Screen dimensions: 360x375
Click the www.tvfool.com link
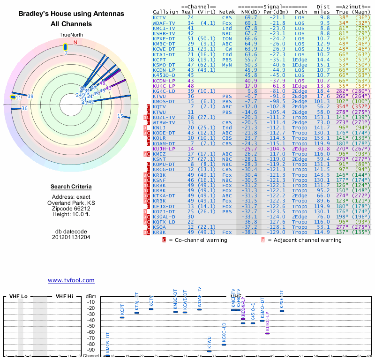(71, 280)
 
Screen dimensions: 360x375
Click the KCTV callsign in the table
(160, 17)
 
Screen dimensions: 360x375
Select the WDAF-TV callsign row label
(164, 23)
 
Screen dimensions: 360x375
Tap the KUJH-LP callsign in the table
(164, 148)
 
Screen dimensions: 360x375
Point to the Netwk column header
(227, 12)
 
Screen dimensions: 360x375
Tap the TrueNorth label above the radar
(71, 35)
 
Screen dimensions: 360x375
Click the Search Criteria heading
(71, 187)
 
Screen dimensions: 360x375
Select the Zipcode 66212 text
(71, 209)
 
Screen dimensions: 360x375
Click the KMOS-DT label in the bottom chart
(107, 342)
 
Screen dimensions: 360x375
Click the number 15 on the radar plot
(120, 116)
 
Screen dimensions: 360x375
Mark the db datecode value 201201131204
(71, 237)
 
